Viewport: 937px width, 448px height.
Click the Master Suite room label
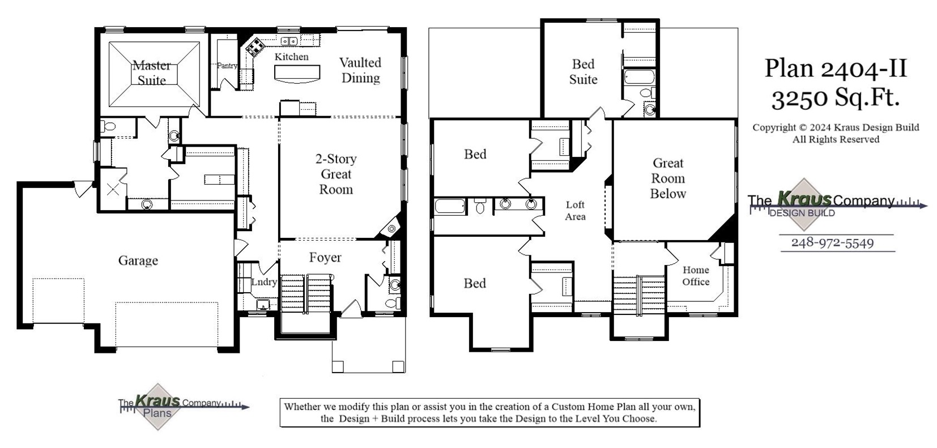tap(152, 73)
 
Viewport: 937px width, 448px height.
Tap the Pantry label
tap(227, 66)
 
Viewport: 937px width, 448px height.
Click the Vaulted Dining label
tap(360, 70)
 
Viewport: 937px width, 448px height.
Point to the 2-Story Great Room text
tap(336, 174)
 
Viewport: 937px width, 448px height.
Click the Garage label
tap(138, 261)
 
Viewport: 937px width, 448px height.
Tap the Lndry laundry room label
tap(264, 281)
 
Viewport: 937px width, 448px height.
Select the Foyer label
tap(325, 258)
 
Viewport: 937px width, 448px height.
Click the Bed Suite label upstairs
tap(583, 72)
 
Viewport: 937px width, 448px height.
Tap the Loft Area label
tap(575, 211)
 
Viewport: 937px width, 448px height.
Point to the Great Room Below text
tap(668, 178)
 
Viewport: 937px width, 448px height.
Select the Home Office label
tap(696, 276)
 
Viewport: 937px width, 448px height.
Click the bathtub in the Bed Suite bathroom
tap(640, 76)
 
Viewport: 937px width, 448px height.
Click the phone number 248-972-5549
tap(832, 243)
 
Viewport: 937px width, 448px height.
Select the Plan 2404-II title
tap(836, 69)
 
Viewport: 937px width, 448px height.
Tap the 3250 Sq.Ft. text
tap(836, 99)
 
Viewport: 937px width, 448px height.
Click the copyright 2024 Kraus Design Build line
tap(836, 128)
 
